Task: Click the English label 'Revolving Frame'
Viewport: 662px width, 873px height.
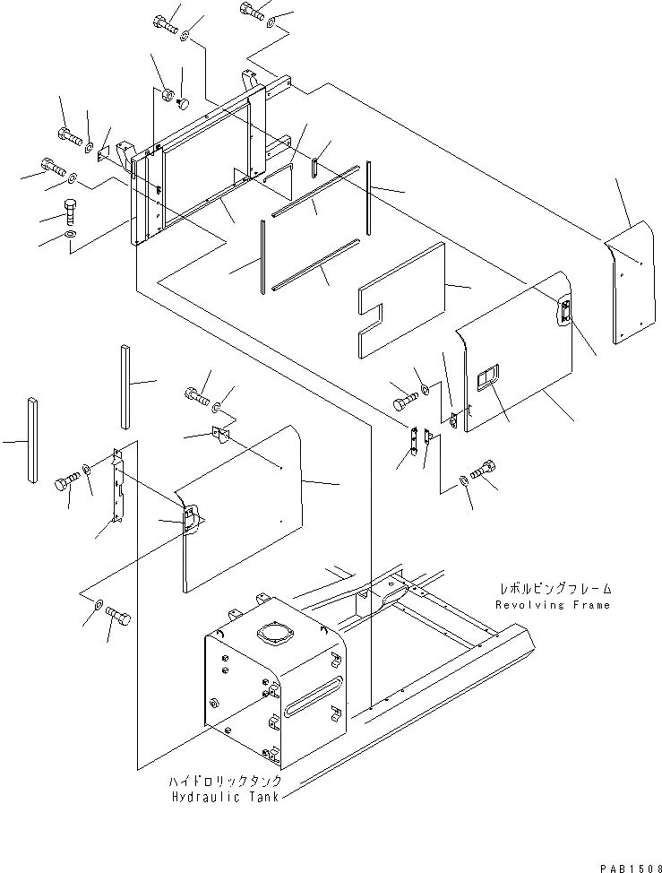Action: pos(553,605)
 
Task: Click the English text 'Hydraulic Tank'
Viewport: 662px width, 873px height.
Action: pos(216,797)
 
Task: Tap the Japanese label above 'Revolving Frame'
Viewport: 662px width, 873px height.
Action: pos(555,590)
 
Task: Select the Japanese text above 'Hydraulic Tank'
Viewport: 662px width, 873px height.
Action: pos(214,782)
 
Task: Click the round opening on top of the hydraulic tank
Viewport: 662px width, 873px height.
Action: pos(273,635)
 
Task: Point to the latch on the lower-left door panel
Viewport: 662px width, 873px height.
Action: pos(190,518)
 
